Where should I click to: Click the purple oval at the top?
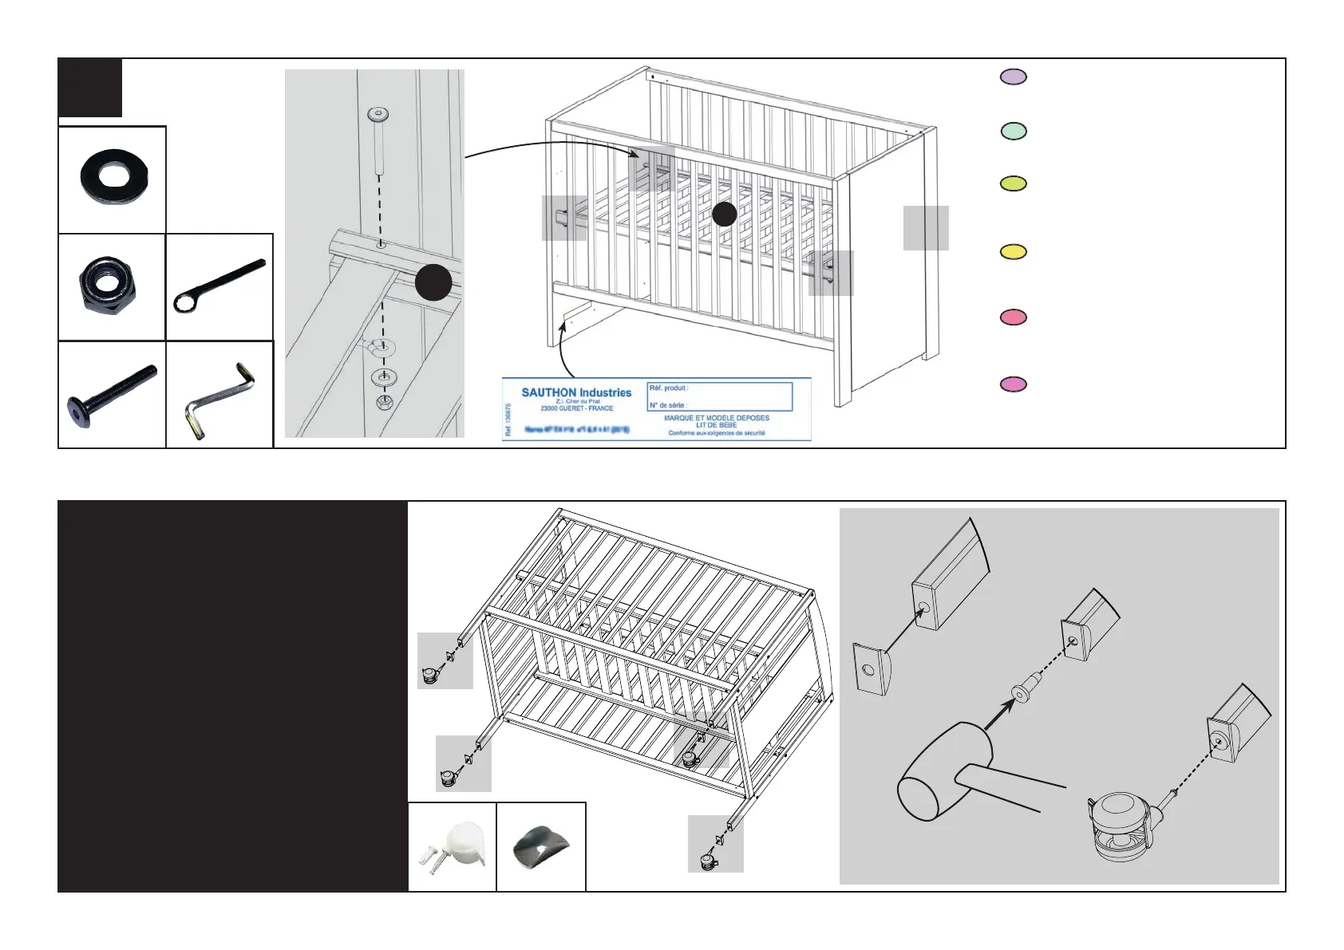pos(1014,77)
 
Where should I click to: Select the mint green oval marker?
pos(1014,131)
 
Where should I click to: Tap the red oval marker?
pos(1014,317)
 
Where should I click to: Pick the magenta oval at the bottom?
pos(1014,384)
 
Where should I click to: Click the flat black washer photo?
pos(113,176)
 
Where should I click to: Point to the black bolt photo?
pos(112,395)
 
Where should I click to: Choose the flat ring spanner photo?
pos(219,286)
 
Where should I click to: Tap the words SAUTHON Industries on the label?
pos(576,392)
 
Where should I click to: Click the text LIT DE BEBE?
pos(716,425)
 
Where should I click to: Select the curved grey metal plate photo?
pos(540,848)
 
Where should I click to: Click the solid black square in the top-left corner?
pos(90,88)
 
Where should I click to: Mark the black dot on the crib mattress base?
pos(724,214)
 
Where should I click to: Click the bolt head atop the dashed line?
pos(378,115)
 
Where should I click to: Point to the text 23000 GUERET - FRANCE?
pos(576,408)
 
